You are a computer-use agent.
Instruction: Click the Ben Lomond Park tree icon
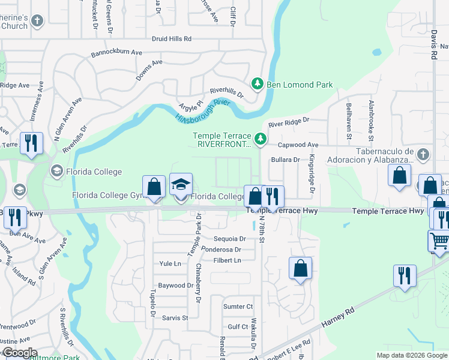pos(258,85)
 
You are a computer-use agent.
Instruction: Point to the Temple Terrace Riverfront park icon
pos(261,139)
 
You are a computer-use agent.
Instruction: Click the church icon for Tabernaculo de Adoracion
pos(423,154)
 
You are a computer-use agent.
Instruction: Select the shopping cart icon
pos(439,241)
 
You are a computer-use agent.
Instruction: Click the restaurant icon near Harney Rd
pos(405,275)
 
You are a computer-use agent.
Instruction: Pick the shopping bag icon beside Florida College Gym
pos(154,186)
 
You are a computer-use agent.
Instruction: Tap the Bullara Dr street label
pos(285,160)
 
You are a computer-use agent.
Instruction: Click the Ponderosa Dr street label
pos(221,250)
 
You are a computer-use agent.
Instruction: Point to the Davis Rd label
pos(433,44)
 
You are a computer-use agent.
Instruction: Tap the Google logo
pos(19,353)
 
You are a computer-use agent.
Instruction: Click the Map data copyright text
pos(411,355)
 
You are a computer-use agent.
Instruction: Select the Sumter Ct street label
pos(238,307)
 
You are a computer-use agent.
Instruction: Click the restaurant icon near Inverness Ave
pos(31,143)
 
